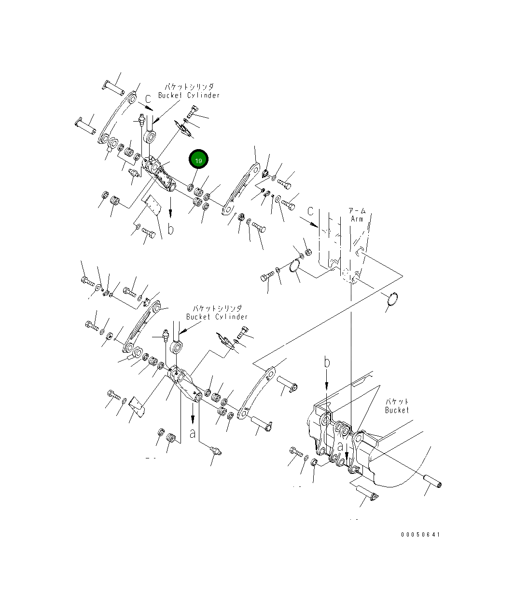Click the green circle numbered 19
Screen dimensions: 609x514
(x=198, y=159)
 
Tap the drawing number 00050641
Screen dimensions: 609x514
(x=420, y=535)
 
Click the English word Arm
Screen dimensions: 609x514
(x=357, y=219)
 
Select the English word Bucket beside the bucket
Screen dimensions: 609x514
(x=397, y=410)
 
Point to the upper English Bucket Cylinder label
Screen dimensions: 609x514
(x=189, y=95)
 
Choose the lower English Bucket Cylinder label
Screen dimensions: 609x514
(x=217, y=317)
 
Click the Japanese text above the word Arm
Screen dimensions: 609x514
(x=357, y=211)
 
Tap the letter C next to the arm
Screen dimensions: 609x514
(x=310, y=211)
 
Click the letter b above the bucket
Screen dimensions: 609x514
(x=327, y=362)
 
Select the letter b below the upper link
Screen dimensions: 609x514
(x=170, y=229)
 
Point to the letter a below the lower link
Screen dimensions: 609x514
(x=193, y=433)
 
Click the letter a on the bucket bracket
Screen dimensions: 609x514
(x=340, y=446)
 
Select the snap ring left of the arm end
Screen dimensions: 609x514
(x=296, y=266)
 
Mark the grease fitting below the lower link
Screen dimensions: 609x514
(x=216, y=452)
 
